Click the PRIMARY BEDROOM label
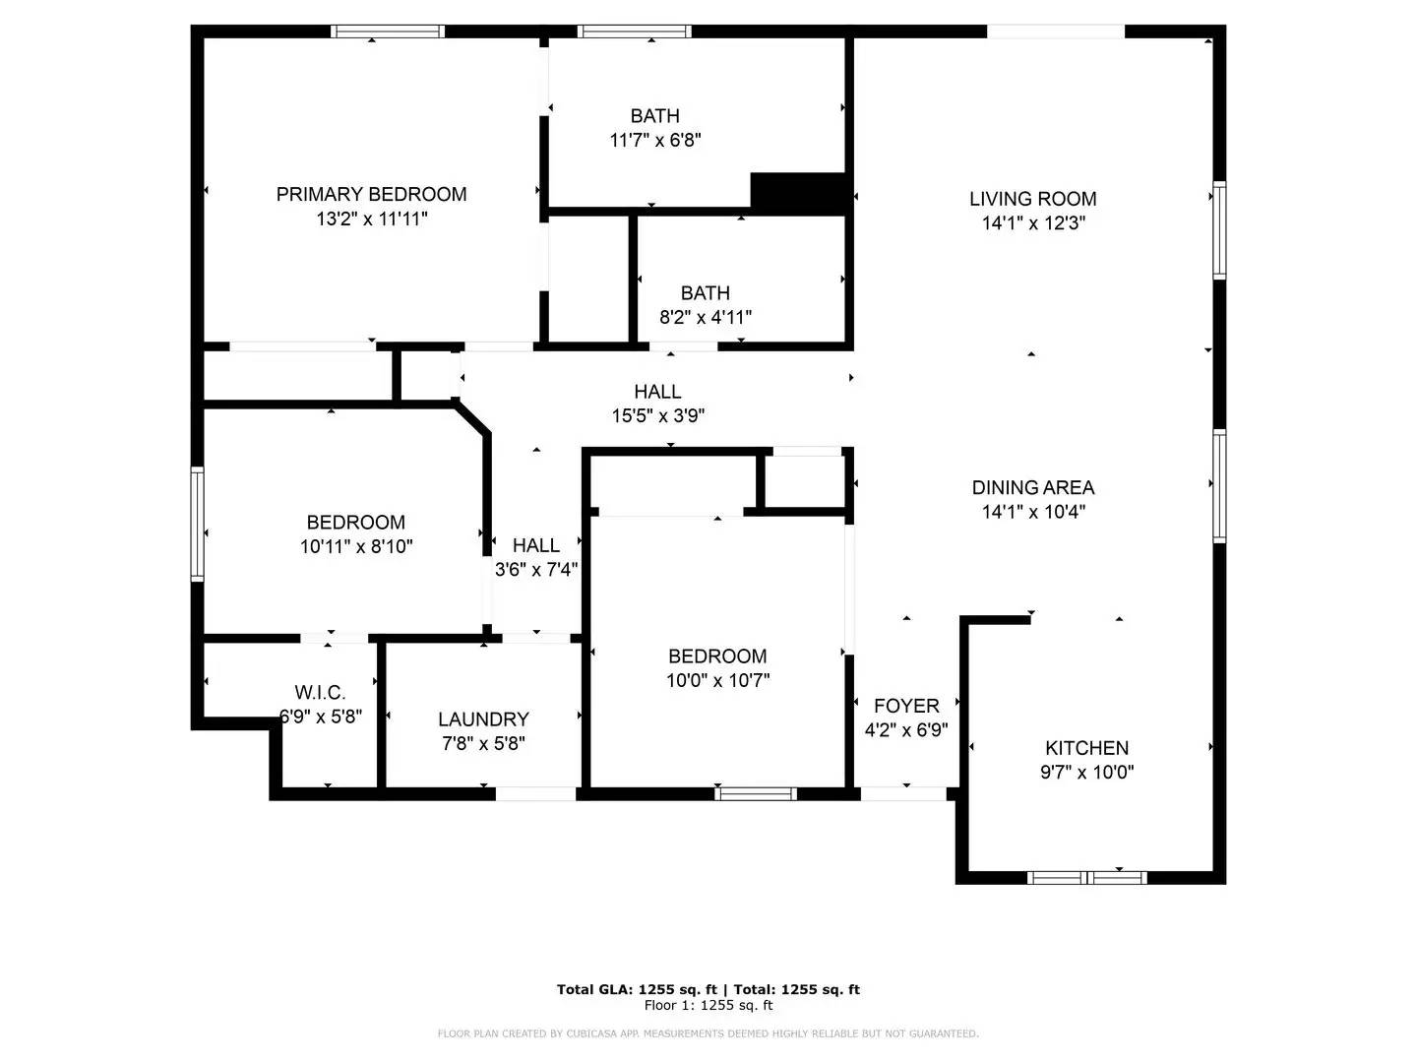(x=371, y=194)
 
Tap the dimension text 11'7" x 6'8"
(x=655, y=141)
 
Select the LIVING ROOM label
(x=1032, y=199)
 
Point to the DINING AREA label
(x=1032, y=487)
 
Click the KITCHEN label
(x=1086, y=748)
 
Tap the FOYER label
(x=906, y=706)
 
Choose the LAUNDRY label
(x=483, y=719)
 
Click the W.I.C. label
(x=320, y=693)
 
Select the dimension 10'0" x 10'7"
(x=717, y=680)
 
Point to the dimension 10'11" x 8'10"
(x=356, y=546)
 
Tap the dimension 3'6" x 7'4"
(x=535, y=569)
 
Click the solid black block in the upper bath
(x=799, y=193)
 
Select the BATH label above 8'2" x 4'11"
(x=706, y=293)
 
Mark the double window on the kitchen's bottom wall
(x=1087, y=877)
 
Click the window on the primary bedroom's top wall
(x=388, y=31)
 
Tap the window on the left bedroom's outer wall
(x=198, y=524)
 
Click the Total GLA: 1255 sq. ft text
(x=638, y=989)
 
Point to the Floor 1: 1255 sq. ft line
(x=708, y=1005)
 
